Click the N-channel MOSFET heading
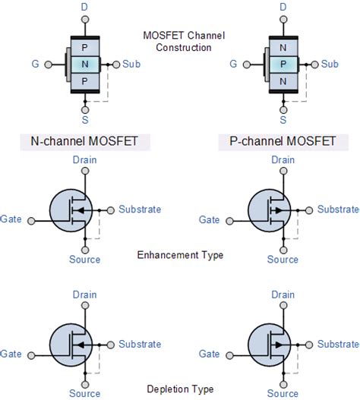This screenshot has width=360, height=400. (84, 141)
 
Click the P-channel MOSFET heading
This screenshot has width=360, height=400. (283, 141)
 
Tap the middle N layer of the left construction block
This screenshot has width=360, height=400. (85, 65)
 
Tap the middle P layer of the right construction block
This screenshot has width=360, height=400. (283, 65)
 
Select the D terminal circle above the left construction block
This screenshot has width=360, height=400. (85, 20)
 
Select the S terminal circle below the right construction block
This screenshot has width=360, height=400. (283, 110)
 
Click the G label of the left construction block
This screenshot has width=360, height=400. (35, 64)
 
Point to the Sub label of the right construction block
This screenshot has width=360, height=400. (330, 64)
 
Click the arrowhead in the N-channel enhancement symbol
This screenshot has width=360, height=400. (81, 210)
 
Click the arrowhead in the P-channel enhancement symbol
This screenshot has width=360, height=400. (279, 210)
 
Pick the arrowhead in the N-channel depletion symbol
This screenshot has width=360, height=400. (81, 345)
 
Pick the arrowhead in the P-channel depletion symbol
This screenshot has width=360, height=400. (279, 345)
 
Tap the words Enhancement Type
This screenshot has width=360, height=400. (180, 255)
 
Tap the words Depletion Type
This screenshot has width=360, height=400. (180, 389)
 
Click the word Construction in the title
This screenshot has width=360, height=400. (184, 48)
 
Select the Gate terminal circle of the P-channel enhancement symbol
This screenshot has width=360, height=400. (229, 221)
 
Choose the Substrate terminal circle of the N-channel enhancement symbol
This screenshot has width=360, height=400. (111, 210)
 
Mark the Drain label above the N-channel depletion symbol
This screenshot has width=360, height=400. (85, 294)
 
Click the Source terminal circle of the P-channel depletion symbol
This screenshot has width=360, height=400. (283, 384)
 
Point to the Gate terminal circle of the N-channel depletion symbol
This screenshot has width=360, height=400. (31, 355)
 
